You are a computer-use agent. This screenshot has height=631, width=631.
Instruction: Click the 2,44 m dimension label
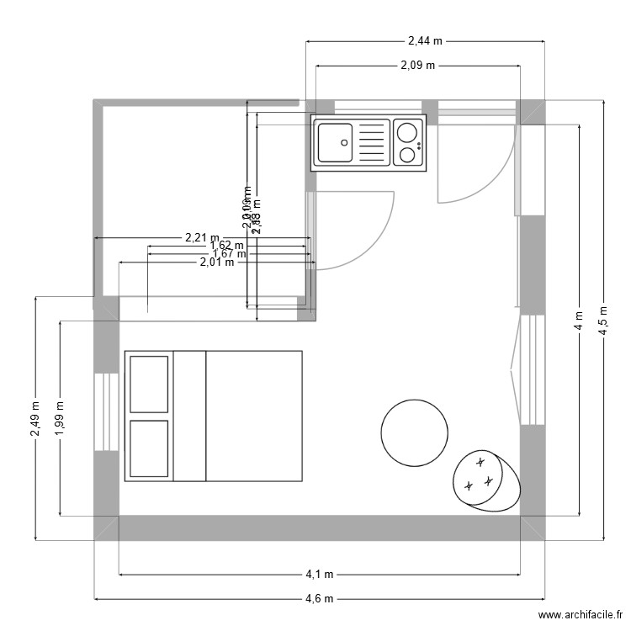coord(425,40)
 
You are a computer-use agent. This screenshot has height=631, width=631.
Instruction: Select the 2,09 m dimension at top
coord(416,65)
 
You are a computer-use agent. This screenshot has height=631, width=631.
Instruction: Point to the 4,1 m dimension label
coord(319,575)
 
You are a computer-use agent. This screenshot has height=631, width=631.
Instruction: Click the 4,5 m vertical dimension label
coord(602,319)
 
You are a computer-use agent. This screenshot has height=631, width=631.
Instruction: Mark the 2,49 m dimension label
coord(34,418)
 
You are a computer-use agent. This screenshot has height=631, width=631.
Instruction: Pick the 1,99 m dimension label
coord(59,418)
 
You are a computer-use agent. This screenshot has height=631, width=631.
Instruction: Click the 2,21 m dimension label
coord(202,238)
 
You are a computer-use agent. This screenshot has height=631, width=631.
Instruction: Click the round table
coord(414,432)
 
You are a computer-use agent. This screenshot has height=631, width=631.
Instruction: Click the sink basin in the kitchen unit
coord(334,141)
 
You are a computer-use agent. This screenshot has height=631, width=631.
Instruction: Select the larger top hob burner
coord(408,131)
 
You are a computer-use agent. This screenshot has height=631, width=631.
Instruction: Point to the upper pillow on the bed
coord(149,384)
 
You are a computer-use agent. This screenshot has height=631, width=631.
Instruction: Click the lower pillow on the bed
coord(149,448)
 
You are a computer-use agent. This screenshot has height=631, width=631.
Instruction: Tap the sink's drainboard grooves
coord(372,142)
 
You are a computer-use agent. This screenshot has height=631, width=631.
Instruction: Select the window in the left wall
coord(106,411)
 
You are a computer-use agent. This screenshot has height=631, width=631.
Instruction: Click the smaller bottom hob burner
coord(407,154)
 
